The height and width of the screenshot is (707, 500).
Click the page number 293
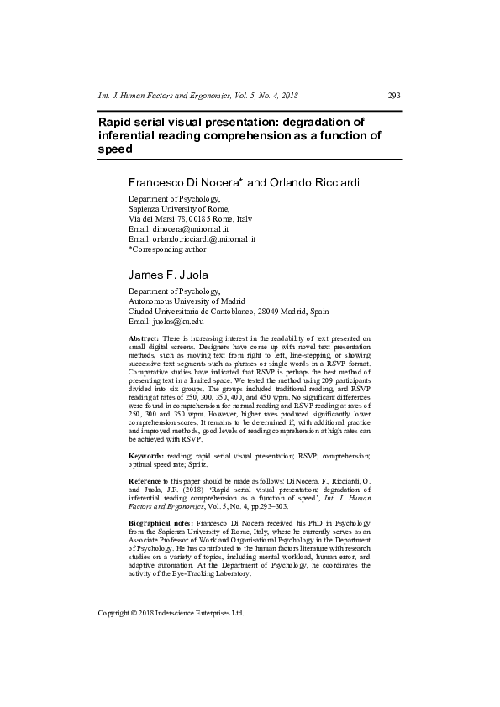393,95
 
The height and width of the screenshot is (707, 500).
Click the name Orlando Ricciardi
297,182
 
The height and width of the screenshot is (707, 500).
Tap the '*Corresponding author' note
166,249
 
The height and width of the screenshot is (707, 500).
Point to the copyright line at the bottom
171,612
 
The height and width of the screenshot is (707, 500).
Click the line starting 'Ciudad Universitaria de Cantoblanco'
228,310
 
